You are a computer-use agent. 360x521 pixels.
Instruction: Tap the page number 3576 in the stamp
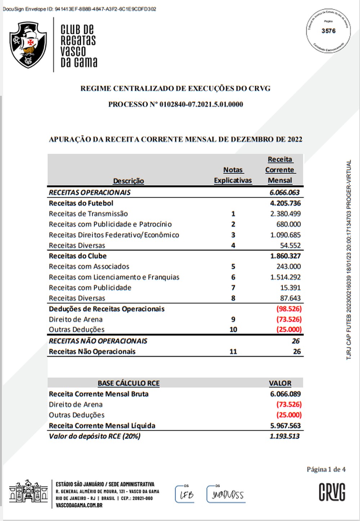(x=328, y=31)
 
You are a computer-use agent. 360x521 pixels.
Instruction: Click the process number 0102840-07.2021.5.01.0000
(x=201, y=104)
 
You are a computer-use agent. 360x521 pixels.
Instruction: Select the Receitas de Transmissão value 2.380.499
(x=285, y=214)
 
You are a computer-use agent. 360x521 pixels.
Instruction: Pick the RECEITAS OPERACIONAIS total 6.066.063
(x=284, y=192)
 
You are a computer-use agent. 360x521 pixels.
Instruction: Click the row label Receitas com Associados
(x=89, y=267)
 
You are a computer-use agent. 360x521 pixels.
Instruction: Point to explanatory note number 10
(x=233, y=330)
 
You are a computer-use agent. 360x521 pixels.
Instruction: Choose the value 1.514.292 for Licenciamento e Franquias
(x=285, y=277)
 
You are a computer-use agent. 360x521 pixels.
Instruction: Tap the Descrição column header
(x=129, y=181)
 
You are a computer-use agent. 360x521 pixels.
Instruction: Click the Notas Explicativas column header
(x=233, y=175)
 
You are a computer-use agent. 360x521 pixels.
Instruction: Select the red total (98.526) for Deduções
(x=289, y=309)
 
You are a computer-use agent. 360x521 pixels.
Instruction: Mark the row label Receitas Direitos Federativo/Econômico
(x=114, y=235)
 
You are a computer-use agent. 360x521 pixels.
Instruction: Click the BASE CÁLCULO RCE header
(x=129, y=383)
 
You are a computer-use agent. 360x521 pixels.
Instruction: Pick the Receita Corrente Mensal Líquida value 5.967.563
(x=285, y=426)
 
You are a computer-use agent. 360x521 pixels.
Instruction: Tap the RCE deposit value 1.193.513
(x=284, y=436)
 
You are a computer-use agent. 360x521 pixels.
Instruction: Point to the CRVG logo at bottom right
(x=332, y=492)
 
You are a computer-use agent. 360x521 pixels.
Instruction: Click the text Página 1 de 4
(x=326, y=469)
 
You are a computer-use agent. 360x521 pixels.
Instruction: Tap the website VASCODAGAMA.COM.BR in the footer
(x=79, y=505)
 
